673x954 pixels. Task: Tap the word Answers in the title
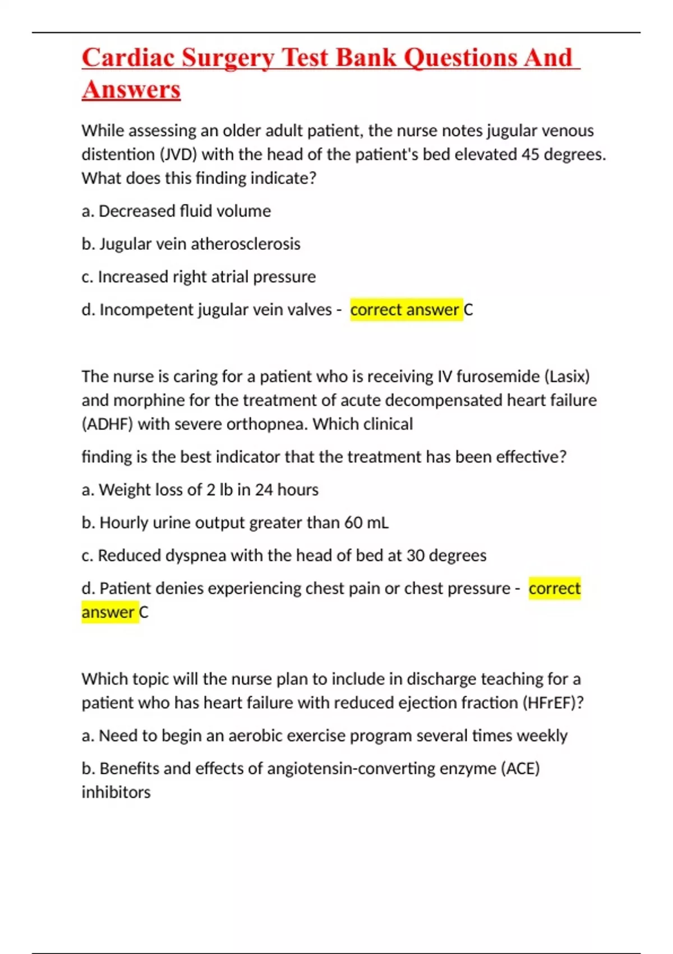coord(131,90)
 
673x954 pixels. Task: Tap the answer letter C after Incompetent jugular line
coord(469,310)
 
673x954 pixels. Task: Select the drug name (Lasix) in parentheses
coord(567,377)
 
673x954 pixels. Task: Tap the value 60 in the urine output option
coord(353,523)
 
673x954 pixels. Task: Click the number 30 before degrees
coord(416,556)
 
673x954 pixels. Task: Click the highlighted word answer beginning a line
coord(108,612)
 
